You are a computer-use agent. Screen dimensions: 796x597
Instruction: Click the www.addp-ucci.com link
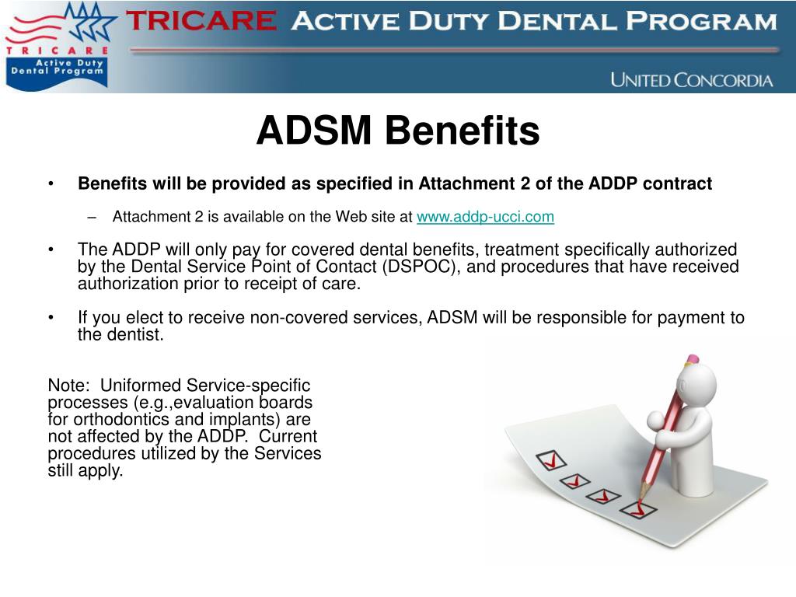point(485,217)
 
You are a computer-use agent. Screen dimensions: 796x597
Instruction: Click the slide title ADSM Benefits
point(398,131)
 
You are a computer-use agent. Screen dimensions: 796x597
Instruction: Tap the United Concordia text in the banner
point(691,80)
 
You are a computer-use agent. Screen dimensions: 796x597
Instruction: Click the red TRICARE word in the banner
point(201,21)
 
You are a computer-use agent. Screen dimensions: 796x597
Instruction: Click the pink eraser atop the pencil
point(691,359)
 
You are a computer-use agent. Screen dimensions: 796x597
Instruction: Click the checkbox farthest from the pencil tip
point(551,460)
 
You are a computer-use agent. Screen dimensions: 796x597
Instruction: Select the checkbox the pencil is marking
point(638,509)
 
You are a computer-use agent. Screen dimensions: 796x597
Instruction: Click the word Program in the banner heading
point(701,21)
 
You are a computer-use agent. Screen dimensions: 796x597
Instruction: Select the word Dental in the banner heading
point(557,21)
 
